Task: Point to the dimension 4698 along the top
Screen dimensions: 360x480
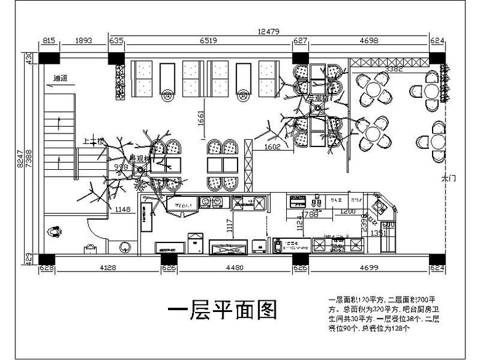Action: pos(368,42)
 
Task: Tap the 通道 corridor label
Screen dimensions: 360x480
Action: pos(60,78)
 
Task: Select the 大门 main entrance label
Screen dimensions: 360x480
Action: pos(447,178)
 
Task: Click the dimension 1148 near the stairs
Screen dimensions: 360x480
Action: pos(123,210)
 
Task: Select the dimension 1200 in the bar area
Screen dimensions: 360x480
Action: pos(348,211)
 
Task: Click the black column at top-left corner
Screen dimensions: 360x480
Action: pos(49,58)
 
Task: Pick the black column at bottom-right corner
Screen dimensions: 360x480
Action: pos(437,258)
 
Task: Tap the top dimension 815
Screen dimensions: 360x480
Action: pos(48,42)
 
